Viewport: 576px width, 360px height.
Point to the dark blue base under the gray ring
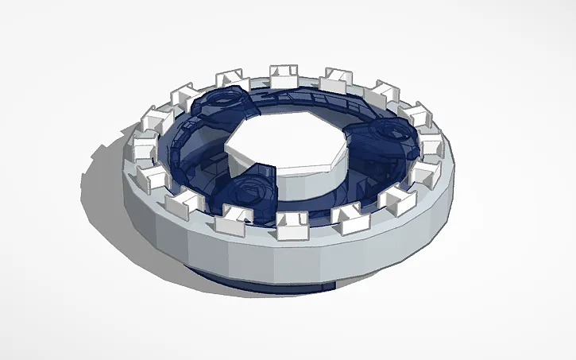coord(262,279)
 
